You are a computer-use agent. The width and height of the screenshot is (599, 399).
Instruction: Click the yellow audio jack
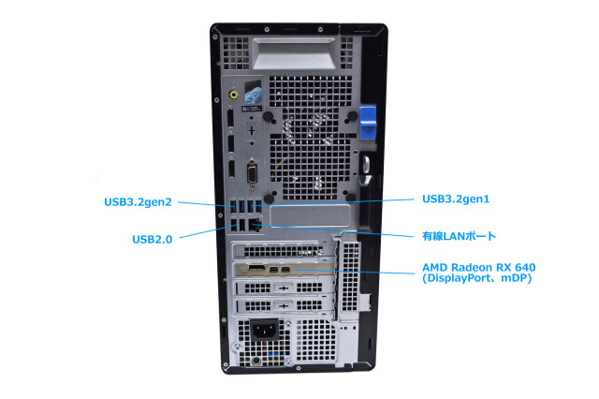click(x=233, y=94)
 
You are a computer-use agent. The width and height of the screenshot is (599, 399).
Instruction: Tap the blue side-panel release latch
click(x=368, y=123)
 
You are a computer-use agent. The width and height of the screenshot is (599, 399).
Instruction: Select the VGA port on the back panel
click(x=252, y=174)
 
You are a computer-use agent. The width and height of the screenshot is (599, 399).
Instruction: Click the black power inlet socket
click(x=264, y=330)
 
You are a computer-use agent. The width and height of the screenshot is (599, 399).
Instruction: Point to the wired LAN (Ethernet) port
click(x=255, y=225)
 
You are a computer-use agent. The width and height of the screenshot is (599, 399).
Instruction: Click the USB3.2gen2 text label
click(x=138, y=202)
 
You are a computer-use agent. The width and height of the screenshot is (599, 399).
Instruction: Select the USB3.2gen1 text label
click(x=456, y=199)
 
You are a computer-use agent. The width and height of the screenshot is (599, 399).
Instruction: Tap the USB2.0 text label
click(x=152, y=239)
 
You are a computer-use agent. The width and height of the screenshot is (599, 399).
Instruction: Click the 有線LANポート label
click(x=459, y=236)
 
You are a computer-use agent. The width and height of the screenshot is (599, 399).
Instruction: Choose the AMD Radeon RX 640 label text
click(x=479, y=267)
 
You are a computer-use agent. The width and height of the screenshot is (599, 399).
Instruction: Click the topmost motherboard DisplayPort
click(x=230, y=117)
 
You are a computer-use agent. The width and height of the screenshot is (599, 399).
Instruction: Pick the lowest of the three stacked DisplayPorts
click(x=231, y=169)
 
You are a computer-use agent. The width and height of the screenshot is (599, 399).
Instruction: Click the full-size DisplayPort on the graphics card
click(x=256, y=269)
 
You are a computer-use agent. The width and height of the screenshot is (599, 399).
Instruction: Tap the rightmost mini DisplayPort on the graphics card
click(x=285, y=271)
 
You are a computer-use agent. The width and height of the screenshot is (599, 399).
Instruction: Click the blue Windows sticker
click(x=253, y=94)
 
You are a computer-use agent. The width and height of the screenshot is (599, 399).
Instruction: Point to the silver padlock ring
click(x=366, y=164)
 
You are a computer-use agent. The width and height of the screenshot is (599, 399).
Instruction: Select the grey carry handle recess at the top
click(x=294, y=54)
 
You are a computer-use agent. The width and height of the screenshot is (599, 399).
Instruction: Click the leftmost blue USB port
click(x=233, y=207)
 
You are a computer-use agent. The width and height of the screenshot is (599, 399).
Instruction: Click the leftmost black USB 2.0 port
click(x=234, y=225)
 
